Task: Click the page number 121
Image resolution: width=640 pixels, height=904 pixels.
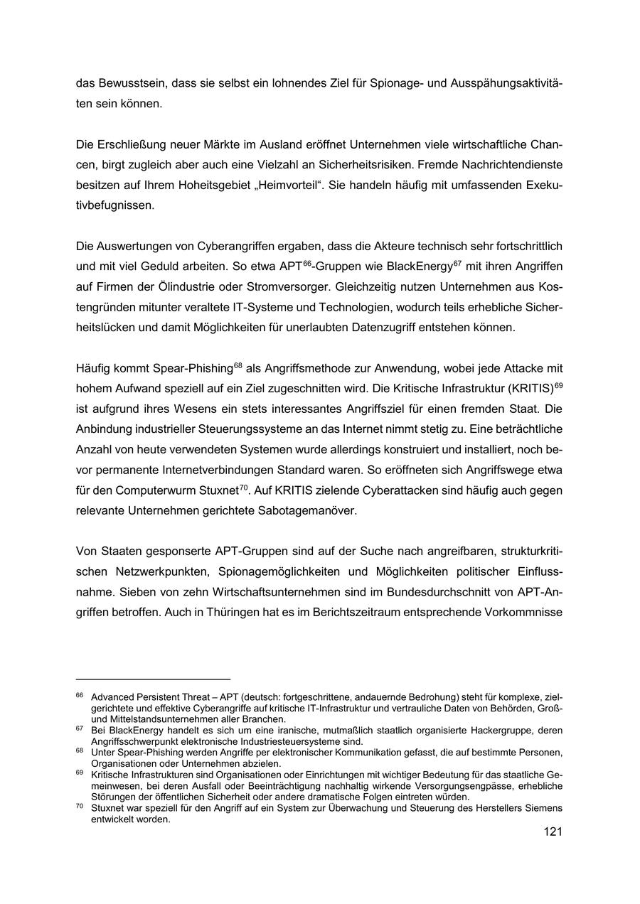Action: (553, 832)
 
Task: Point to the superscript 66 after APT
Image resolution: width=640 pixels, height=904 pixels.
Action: (308, 264)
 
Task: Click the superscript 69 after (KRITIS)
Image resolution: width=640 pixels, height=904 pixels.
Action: (558, 384)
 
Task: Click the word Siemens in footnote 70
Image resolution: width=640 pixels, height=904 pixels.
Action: (543, 808)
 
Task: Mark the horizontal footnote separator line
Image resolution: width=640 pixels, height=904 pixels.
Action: (153, 679)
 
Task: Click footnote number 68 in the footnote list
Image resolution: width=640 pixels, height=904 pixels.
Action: (80, 750)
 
